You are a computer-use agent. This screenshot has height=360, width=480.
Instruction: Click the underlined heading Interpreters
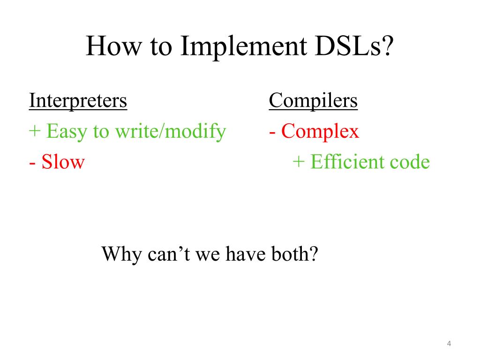click(x=78, y=100)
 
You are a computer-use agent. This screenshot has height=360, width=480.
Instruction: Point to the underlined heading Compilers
click(x=313, y=100)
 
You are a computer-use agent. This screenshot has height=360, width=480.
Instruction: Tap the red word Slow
click(x=63, y=162)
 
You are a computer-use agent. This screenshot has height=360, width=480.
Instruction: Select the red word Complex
click(x=320, y=132)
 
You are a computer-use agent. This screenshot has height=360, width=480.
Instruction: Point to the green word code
click(x=409, y=162)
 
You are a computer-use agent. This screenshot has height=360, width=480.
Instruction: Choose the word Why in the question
click(x=121, y=255)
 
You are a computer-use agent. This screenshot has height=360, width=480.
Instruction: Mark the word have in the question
click(x=243, y=255)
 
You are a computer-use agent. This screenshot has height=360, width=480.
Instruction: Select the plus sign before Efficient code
click(x=299, y=163)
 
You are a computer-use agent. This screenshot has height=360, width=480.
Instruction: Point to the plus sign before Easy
click(x=35, y=132)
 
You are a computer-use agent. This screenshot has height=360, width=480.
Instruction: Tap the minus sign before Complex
click(x=272, y=132)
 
